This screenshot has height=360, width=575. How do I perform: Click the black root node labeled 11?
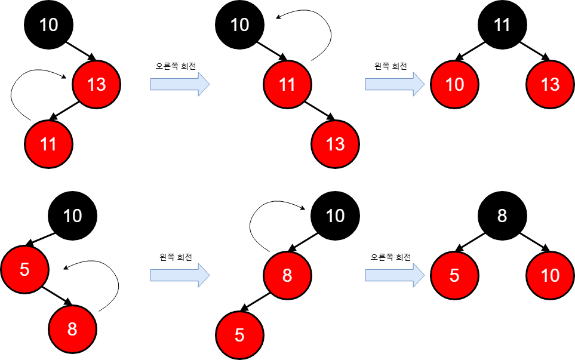[502, 24]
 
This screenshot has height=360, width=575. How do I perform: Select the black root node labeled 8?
[502, 216]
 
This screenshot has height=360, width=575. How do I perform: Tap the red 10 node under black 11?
[454, 84]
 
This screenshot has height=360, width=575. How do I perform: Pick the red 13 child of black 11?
[550, 84]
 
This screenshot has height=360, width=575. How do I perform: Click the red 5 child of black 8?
[454, 275]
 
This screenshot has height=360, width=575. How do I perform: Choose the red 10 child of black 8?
[550, 275]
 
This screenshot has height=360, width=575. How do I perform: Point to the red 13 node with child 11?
[96, 84]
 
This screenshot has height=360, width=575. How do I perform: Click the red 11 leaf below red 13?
[48, 144]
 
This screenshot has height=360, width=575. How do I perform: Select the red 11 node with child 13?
[287, 84]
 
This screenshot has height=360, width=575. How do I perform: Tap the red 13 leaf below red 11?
[335, 144]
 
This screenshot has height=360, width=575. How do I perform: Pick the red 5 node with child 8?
[24, 269]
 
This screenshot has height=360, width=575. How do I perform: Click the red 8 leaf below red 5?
[72, 329]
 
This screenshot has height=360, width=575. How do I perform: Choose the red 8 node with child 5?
[287, 275]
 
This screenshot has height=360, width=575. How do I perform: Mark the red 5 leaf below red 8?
[239, 335]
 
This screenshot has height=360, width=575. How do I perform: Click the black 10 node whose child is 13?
[48, 24]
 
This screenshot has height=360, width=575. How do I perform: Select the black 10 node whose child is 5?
[72, 216]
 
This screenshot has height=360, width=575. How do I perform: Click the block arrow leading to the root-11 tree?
[394, 84]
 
